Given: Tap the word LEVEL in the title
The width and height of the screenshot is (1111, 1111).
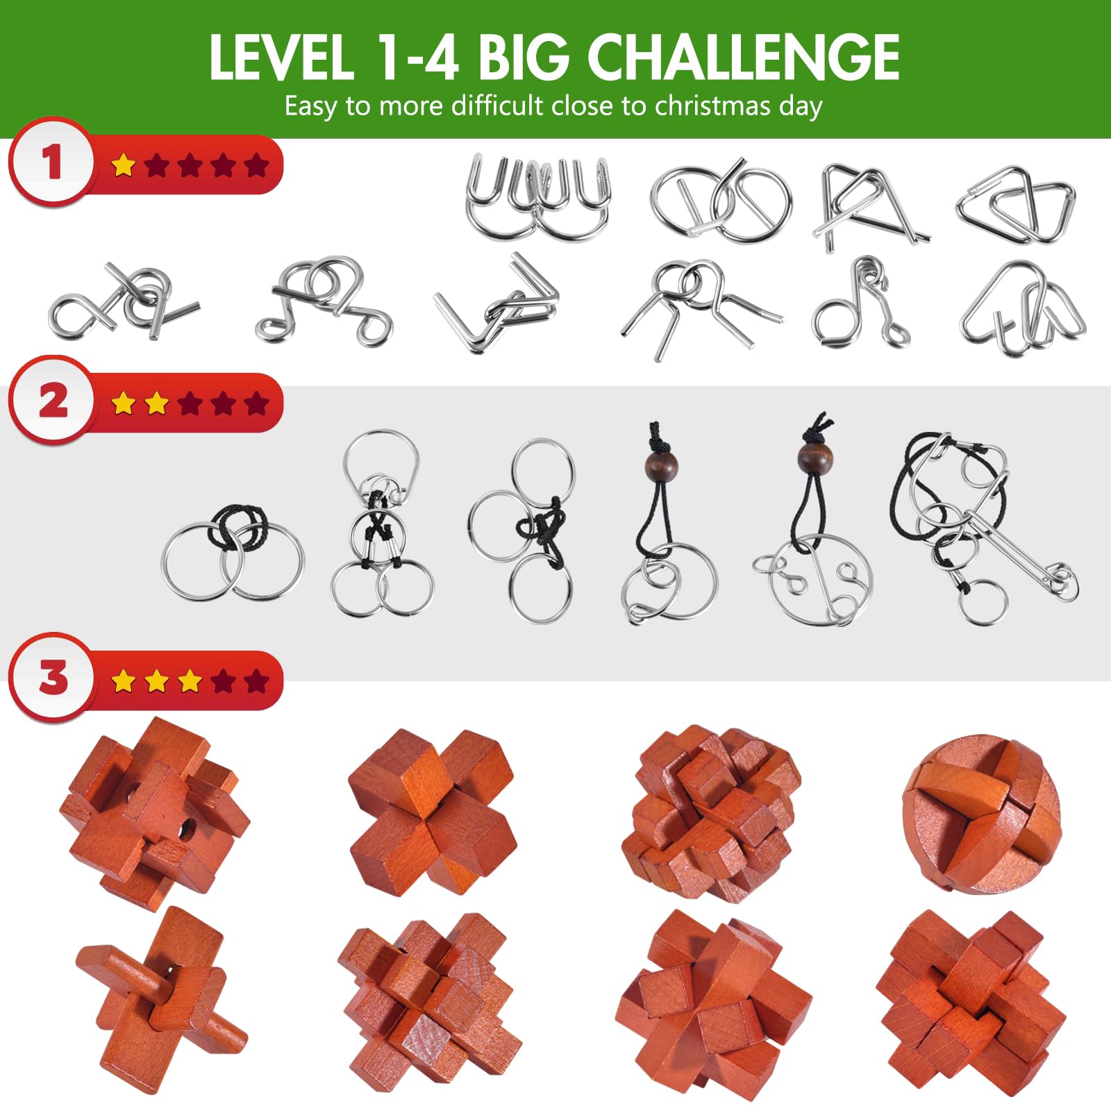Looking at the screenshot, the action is pyautogui.click(x=281, y=57).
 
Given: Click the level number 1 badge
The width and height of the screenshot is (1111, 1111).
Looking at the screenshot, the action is pyautogui.click(x=51, y=162).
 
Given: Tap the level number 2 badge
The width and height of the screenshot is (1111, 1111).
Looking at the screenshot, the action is pyautogui.click(x=51, y=401).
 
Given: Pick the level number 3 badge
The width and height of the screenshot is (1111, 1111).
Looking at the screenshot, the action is pyautogui.click(x=51, y=678).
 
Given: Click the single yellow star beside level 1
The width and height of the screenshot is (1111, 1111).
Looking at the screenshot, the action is pyautogui.click(x=123, y=165).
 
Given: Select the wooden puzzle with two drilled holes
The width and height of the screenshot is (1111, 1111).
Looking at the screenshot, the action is pyautogui.click(x=154, y=812).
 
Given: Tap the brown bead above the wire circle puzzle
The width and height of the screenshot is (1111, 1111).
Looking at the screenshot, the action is pyautogui.click(x=815, y=458).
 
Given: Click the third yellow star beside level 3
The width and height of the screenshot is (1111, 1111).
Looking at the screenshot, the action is pyautogui.click(x=190, y=681).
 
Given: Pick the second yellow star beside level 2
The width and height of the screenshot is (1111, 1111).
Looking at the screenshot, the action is pyautogui.click(x=156, y=403).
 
